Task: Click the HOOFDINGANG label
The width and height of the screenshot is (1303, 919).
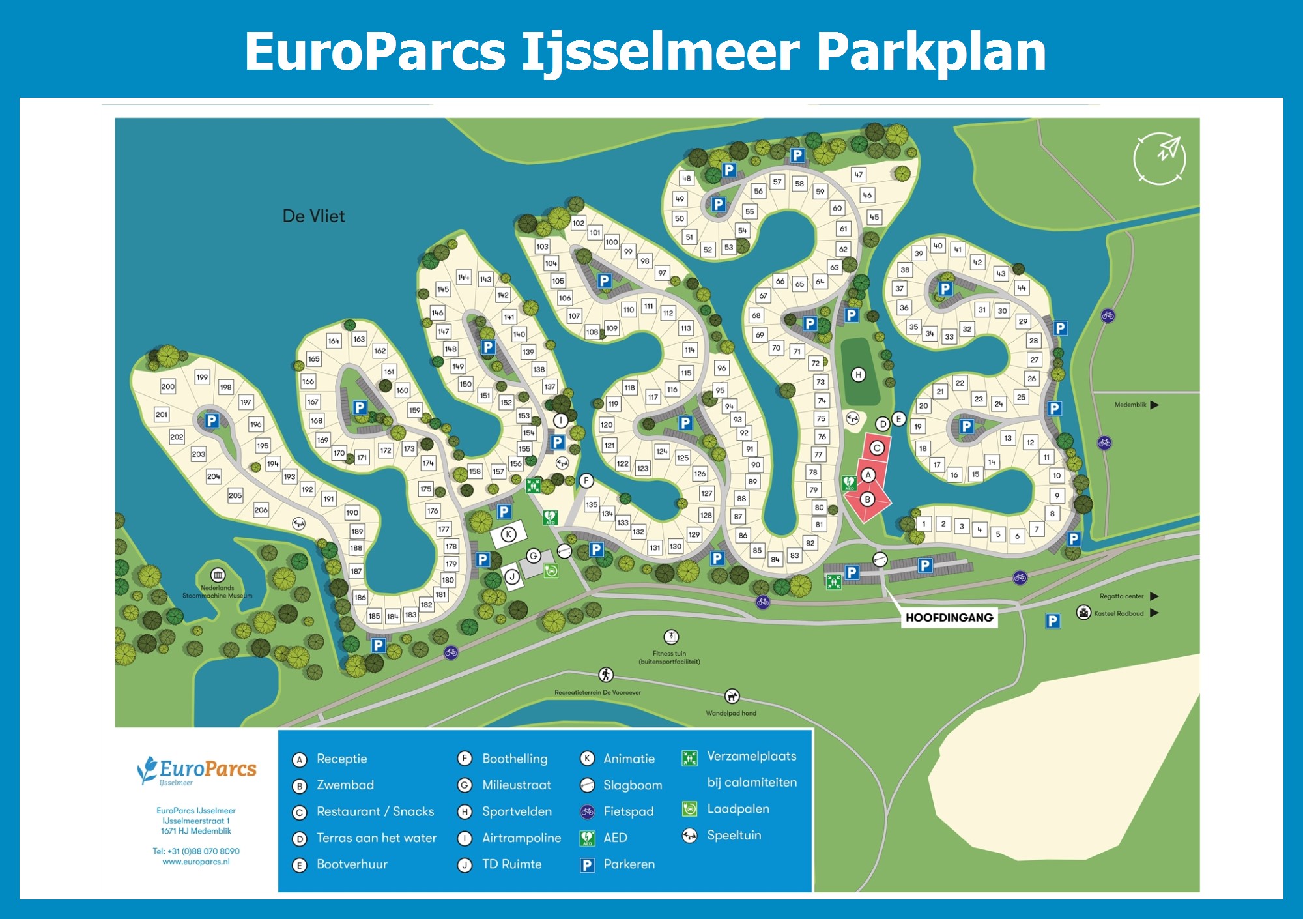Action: tap(949, 617)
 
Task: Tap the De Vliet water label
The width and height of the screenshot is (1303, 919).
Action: tap(313, 216)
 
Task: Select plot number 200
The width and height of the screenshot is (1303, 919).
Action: tap(167, 387)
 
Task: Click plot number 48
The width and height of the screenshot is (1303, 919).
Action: tap(686, 178)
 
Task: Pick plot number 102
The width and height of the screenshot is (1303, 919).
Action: tap(578, 223)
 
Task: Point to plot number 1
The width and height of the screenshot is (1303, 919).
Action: tap(923, 523)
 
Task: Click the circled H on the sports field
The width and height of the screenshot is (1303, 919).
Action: tap(859, 375)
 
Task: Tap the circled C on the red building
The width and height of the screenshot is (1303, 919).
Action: tap(877, 448)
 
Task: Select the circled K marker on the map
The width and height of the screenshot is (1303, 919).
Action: tap(508, 534)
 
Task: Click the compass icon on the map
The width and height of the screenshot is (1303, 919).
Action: tap(1160, 158)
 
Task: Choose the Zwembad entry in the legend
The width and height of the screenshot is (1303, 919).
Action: tap(345, 785)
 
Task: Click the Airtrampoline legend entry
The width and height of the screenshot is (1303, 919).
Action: tap(521, 838)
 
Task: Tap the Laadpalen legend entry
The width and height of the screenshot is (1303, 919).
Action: tap(737, 809)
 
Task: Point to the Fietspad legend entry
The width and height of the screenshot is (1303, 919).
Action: tap(628, 811)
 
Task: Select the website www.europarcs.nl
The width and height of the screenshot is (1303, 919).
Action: tap(196, 862)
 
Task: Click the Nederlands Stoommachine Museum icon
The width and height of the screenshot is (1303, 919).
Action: tap(218, 575)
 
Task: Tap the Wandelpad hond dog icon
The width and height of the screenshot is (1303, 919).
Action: tap(732, 697)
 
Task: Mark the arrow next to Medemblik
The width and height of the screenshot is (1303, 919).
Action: tap(1154, 405)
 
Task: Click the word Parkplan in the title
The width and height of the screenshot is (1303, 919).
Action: tap(931, 52)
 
